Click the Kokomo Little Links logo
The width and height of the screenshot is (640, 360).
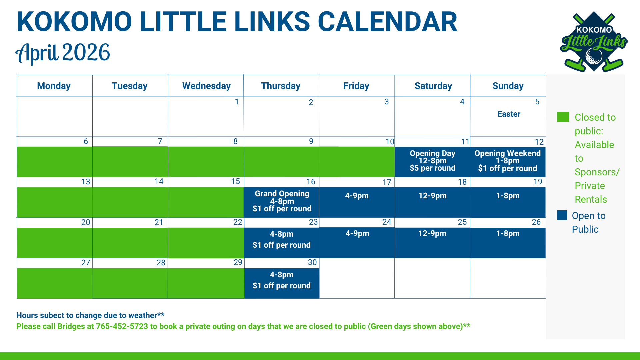(593, 42)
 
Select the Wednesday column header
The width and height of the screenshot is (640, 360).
(206, 86)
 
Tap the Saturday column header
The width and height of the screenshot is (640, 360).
(433, 86)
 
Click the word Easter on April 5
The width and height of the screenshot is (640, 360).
(509, 114)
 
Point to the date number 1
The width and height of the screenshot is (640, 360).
(237, 102)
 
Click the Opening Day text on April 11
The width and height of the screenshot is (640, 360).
(432, 153)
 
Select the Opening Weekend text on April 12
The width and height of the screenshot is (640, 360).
(507, 153)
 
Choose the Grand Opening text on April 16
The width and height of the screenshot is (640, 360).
(282, 194)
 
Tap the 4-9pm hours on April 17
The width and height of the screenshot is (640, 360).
(357, 196)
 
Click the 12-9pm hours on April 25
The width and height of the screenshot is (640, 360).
(432, 233)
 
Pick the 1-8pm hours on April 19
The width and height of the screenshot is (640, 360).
(508, 196)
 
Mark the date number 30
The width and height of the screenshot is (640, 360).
(312, 262)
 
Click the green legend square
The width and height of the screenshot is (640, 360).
(563, 117)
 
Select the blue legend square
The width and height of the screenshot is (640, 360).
(562, 215)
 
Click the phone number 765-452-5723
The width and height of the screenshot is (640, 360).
(122, 326)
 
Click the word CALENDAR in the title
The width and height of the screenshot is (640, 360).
(387, 22)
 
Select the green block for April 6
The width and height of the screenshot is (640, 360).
(55, 162)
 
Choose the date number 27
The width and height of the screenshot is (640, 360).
(86, 263)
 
